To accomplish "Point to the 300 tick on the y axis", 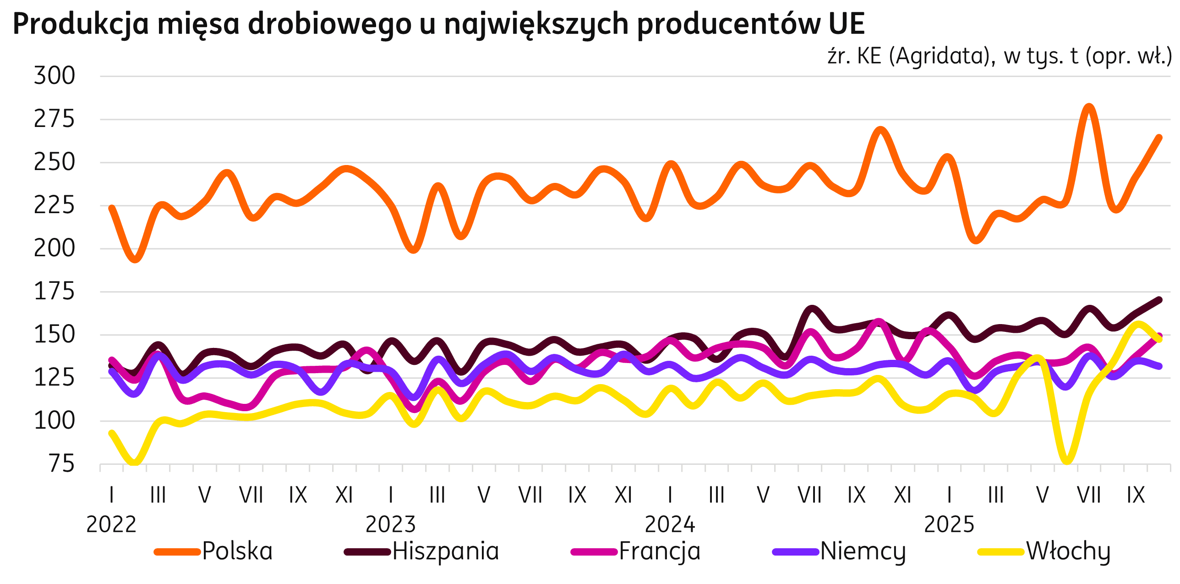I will pyautogui.click(x=54, y=76).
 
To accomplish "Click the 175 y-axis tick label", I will pyautogui.click(x=54, y=292).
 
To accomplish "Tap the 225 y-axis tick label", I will pyautogui.click(x=54, y=205).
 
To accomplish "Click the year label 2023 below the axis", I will pyautogui.click(x=390, y=524).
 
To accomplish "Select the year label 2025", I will pyautogui.click(x=949, y=524).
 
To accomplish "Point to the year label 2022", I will pyautogui.click(x=111, y=524).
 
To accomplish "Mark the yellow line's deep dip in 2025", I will pyautogui.click(x=1066, y=460).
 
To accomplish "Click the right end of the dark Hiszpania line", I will pyautogui.click(x=1159, y=300).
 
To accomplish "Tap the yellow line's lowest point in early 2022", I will pyautogui.click(x=135, y=461).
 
